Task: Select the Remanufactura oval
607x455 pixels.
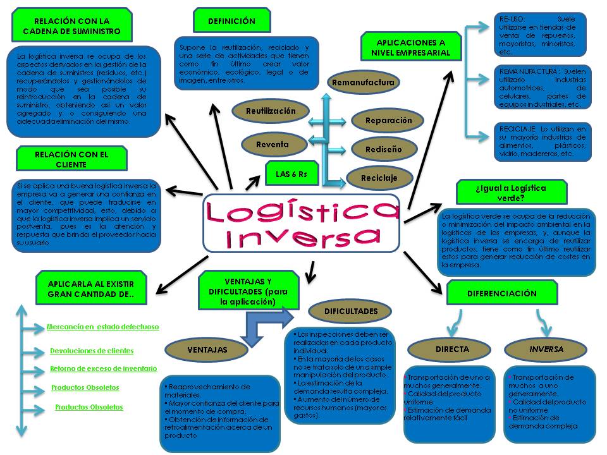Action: click(363, 83)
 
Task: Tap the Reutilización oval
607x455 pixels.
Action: click(271, 111)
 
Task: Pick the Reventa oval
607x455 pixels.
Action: click(273, 145)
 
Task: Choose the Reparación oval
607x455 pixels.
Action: click(389, 121)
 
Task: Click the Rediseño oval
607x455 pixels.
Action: click(383, 150)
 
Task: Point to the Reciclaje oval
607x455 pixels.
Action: click(379, 178)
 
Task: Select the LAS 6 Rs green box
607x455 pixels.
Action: click(291, 174)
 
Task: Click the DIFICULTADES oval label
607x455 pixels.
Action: click(351, 311)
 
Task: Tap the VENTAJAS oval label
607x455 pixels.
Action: click(207, 349)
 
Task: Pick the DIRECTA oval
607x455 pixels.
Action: click(452, 349)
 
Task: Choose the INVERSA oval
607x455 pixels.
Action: click(546, 349)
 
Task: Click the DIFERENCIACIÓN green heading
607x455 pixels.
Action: click(502, 293)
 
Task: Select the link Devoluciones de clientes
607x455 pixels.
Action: click(92, 351)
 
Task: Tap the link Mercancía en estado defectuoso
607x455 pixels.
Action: click(102, 327)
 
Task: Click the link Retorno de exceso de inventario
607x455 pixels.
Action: click(104, 368)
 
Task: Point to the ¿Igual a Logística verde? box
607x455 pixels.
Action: click(502, 192)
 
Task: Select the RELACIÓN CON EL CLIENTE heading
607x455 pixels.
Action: click(71, 159)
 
